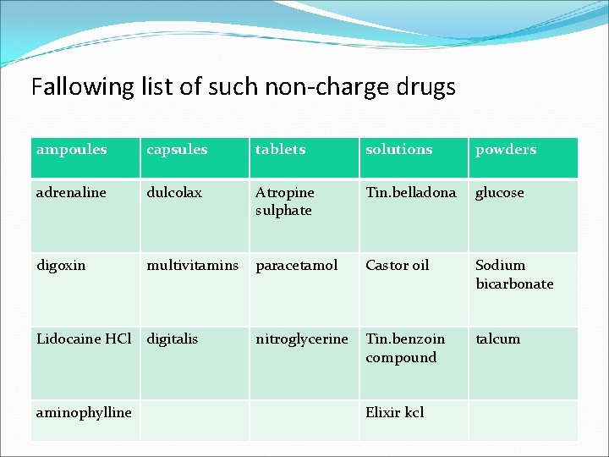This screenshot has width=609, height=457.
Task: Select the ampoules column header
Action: pyautogui.click(x=72, y=150)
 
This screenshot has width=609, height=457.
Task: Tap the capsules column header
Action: pyautogui.click(x=177, y=150)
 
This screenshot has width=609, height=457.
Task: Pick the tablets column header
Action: pyautogui.click(x=281, y=150)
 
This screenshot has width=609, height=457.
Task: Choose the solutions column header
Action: pyautogui.click(x=399, y=150)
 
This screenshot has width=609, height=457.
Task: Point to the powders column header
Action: pyautogui.click(x=506, y=150)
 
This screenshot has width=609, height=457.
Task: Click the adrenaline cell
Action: pyautogui.click(x=72, y=193)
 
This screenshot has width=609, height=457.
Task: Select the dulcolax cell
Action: pyautogui.click(x=174, y=193)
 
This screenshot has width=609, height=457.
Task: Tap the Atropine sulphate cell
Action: pyautogui.click(x=285, y=201)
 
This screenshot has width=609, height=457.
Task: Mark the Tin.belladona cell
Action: pyautogui.click(x=411, y=193)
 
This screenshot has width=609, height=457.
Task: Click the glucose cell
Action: pyautogui.click(x=500, y=193)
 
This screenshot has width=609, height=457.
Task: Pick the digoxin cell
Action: pyautogui.click(x=61, y=266)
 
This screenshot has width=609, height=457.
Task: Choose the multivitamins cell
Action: pyautogui.click(x=193, y=266)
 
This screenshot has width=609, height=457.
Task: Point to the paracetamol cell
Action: pyautogui.click(x=297, y=266)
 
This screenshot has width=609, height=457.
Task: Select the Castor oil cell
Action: pyautogui.click(x=398, y=266)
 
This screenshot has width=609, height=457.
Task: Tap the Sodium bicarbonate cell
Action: pyautogui.click(x=514, y=274)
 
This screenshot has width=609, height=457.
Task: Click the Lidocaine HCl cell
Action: pyautogui.click(x=84, y=339)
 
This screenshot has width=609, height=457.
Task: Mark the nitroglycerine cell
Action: pyautogui.click(x=302, y=339)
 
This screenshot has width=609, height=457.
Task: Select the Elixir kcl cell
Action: pyautogui.click(x=395, y=413)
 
